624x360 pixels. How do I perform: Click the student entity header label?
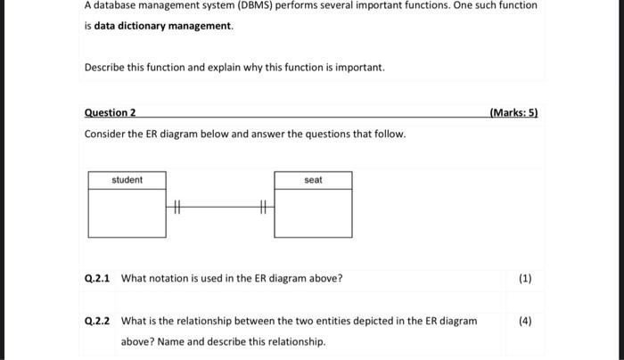point(127,180)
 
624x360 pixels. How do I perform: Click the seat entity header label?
point(313,180)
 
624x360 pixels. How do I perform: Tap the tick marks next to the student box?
point(176,208)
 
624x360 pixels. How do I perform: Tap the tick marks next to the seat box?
point(263,208)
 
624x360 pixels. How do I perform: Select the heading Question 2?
point(110,113)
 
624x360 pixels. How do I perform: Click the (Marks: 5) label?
point(513,113)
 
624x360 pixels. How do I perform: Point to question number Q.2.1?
point(96,278)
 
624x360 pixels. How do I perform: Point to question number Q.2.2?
point(96,321)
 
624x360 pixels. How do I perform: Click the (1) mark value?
point(524,278)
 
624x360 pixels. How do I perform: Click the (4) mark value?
point(524,321)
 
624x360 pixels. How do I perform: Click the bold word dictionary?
point(148,26)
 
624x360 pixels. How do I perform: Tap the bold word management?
point(204,26)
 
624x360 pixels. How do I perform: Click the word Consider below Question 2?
point(104,134)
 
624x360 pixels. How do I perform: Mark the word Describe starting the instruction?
point(105,68)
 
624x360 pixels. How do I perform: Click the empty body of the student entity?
point(127,214)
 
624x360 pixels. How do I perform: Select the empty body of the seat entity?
point(313,214)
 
